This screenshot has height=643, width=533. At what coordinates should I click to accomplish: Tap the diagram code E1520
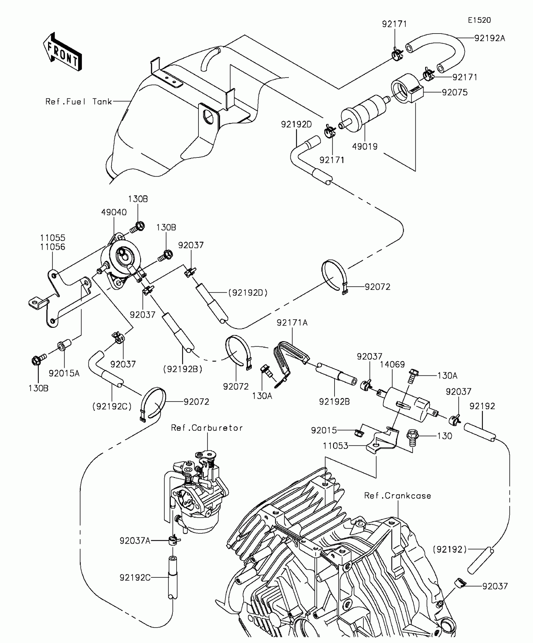[x=479, y=20]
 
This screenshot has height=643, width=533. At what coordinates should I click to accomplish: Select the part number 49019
[x=365, y=146]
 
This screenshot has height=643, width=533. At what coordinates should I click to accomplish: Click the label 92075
[x=455, y=92]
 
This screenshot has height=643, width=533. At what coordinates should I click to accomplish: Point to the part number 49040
[x=114, y=212]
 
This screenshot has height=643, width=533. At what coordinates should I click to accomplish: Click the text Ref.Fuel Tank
[x=79, y=102]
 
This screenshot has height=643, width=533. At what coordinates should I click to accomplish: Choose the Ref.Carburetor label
[x=207, y=428]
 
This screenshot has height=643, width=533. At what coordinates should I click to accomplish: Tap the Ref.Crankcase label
[x=398, y=496]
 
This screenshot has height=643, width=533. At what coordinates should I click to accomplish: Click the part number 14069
[x=392, y=364]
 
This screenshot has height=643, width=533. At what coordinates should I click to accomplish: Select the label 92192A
[x=490, y=38]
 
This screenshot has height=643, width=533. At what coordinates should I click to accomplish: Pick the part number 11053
[x=335, y=446]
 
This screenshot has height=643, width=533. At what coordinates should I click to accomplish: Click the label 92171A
[x=292, y=322]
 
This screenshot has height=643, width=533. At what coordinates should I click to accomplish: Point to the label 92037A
[x=135, y=541]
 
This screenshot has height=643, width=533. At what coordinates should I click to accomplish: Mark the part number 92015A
[x=64, y=373]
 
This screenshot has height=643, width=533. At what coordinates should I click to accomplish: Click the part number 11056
[x=52, y=247]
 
